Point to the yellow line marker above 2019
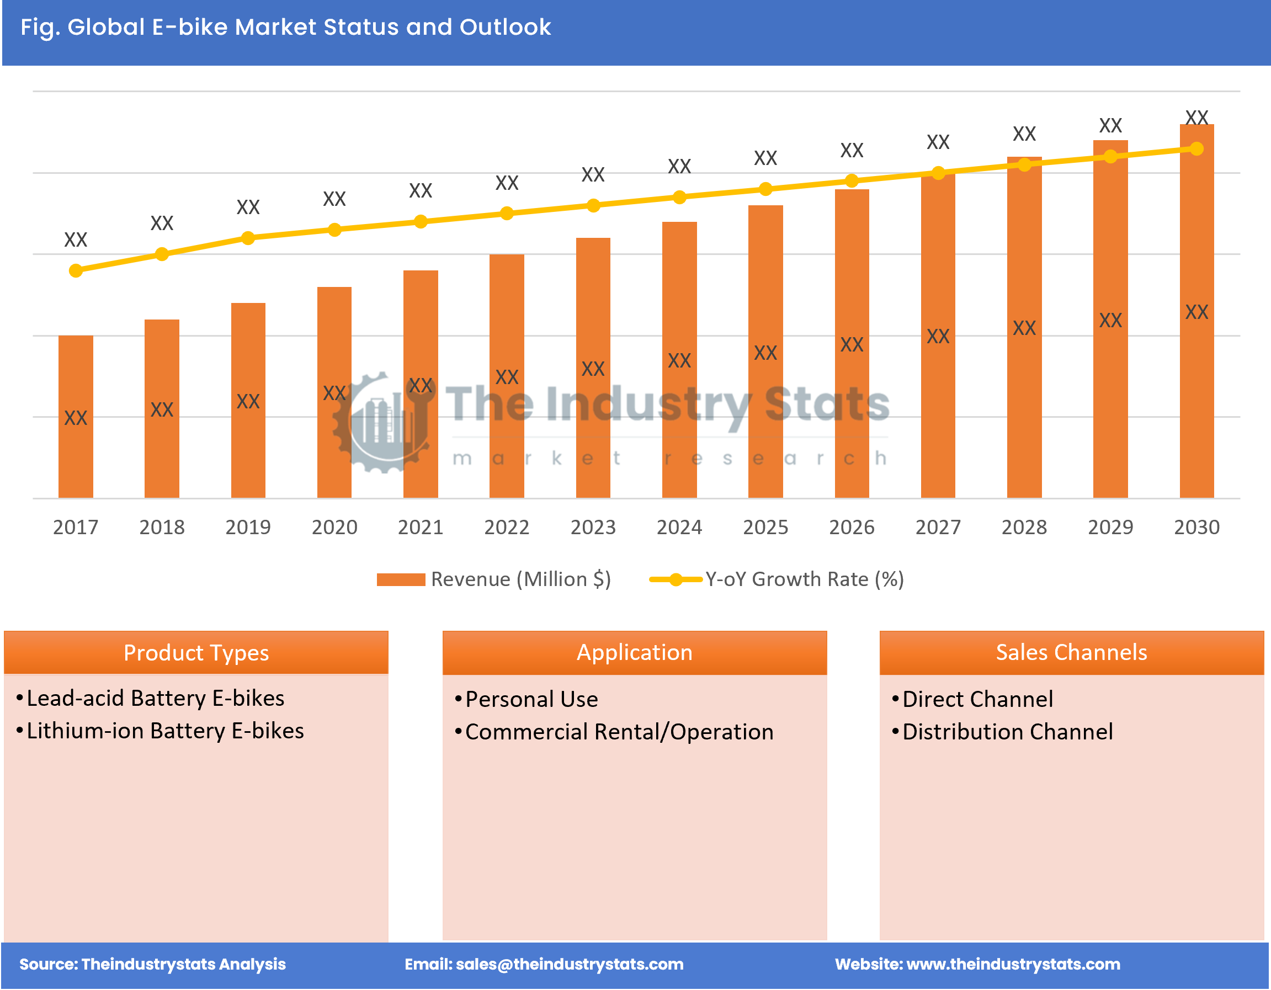click(248, 238)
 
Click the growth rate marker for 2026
click(852, 181)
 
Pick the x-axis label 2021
click(420, 528)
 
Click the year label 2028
click(1024, 528)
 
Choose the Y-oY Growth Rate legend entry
click(777, 579)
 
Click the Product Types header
click(196, 652)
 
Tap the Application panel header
click(634, 652)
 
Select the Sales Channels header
click(1071, 652)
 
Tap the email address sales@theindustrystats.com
click(569, 964)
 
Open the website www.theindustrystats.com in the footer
click(1013, 964)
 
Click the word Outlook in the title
click(504, 28)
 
